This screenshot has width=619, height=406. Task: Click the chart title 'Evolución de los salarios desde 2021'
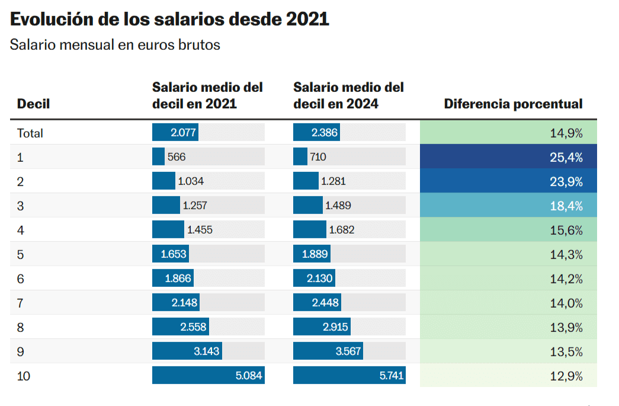tap(169, 19)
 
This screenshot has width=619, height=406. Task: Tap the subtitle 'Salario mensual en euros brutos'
tap(115, 45)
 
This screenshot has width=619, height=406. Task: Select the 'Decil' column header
tap(33, 104)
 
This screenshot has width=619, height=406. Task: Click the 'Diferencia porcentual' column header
tap(513, 104)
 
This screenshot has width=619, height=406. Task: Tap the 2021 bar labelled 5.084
tap(208, 376)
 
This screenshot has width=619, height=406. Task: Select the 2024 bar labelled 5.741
tap(349, 376)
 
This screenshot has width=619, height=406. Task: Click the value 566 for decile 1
tap(177, 157)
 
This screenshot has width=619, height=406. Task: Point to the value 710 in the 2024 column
tap(317, 157)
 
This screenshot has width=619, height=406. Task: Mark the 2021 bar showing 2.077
tap(175, 133)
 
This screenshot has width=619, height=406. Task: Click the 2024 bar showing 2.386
tap(316, 133)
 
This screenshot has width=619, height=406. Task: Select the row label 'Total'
tap(30, 133)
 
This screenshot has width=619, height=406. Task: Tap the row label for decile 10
tap(24, 376)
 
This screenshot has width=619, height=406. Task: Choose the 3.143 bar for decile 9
tap(187, 351)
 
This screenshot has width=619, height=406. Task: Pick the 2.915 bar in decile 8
tap(322, 327)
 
